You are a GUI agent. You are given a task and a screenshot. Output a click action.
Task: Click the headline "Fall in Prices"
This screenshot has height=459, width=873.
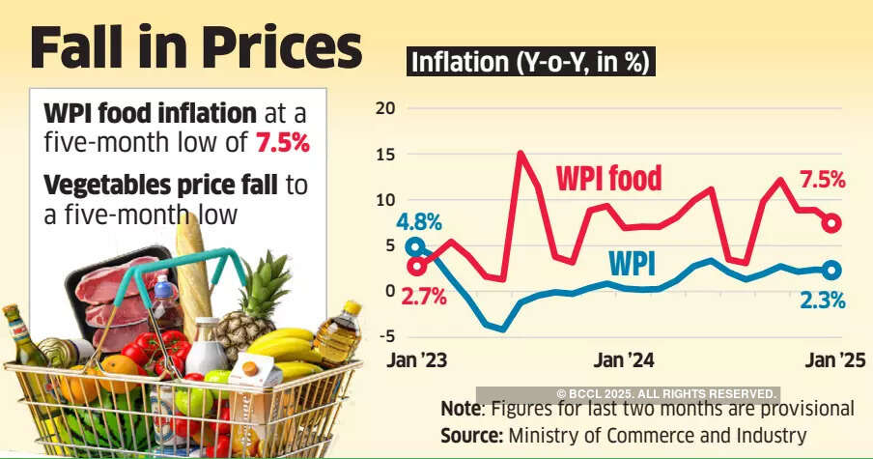196,48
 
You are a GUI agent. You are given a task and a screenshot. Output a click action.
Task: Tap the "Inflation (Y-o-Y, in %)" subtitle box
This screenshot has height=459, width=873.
532,63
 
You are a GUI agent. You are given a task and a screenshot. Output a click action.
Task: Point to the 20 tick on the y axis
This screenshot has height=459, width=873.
385,107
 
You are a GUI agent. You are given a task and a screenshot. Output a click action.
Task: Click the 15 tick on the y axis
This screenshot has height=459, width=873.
385,154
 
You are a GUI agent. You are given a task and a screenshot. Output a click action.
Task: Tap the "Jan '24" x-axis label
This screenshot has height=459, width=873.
624,360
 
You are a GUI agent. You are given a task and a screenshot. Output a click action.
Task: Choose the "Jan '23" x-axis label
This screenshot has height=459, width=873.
417,360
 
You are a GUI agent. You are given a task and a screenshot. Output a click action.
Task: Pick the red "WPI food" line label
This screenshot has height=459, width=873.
608,178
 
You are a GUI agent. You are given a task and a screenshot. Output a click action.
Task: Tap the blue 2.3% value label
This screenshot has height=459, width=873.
824,301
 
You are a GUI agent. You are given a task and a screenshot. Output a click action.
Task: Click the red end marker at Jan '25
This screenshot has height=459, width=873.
831,223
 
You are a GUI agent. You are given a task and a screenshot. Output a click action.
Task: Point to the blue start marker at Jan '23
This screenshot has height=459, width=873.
415,246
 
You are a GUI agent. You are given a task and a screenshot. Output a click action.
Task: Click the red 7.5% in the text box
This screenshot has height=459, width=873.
282,144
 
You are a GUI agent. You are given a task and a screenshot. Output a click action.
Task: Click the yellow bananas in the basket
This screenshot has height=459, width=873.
285,348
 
